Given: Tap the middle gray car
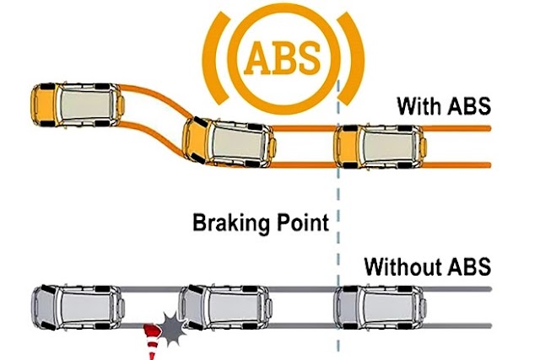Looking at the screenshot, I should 223,309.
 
